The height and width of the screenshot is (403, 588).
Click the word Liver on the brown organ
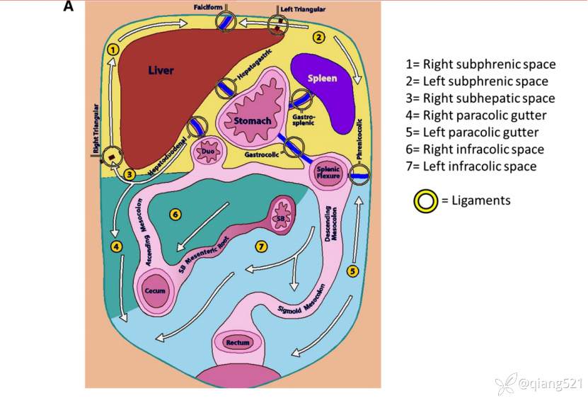161,70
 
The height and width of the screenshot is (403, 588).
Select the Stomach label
252,121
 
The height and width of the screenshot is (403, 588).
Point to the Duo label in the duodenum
208,151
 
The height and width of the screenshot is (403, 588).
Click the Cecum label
155,291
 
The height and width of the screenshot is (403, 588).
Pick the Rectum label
237,343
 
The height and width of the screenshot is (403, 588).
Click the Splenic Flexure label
329,171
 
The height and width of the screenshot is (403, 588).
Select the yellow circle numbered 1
113,50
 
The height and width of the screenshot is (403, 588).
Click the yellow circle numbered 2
319,37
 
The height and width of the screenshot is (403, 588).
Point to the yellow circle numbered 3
129,173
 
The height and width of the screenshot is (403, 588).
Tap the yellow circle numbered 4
116,246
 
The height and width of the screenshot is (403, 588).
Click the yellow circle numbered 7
261,246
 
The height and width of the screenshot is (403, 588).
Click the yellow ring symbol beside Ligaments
425,201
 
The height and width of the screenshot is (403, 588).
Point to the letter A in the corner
69,6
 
